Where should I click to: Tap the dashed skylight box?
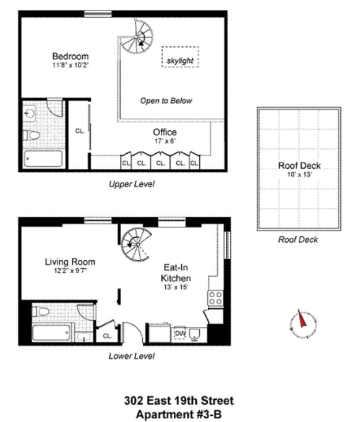click(180, 61)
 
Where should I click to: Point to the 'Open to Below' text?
click(166, 101)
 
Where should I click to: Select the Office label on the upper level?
click(165, 132)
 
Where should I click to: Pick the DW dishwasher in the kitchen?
click(181, 334)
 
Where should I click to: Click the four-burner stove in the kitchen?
click(215, 298)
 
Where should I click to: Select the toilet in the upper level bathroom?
click(33, 135)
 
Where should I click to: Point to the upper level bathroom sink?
click(32, 114)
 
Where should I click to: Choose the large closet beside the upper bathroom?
click(79, 131)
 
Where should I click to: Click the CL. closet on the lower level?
click(107, 335)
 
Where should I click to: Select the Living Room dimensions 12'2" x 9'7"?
click(69, 271)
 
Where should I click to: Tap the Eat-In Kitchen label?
click(176, 274)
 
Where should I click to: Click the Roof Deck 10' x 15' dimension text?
click(299, 175)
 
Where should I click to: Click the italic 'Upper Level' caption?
click(131, 184)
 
